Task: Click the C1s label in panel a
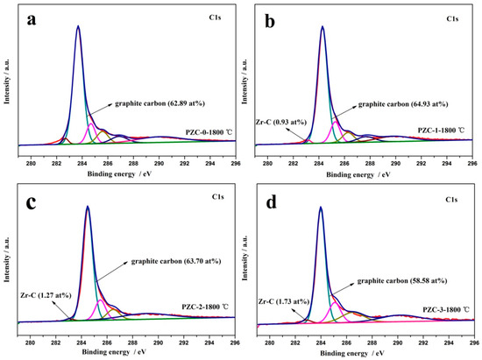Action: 214,18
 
